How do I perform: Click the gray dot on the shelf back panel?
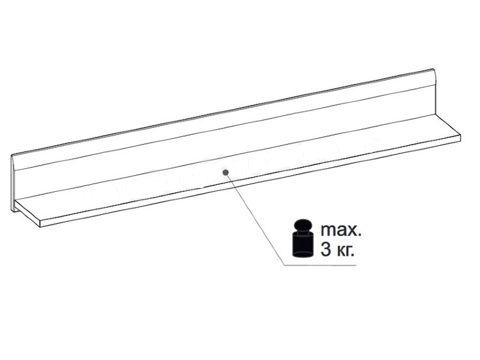226,173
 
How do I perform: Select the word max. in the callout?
341,230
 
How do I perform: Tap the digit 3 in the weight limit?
326,250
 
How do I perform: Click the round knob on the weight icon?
303,225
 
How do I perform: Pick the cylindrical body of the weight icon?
303,244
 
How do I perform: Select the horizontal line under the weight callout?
320,265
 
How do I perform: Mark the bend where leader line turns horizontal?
284,265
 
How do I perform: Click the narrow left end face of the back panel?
13,184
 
